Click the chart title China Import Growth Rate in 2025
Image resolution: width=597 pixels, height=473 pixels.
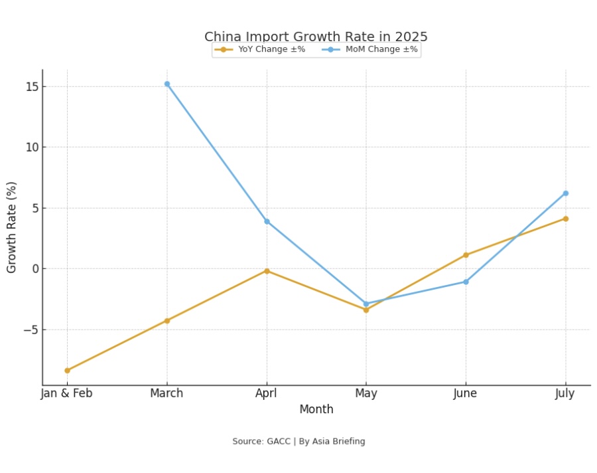(x=316, y=37)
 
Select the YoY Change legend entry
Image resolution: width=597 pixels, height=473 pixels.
(x=259, y=50)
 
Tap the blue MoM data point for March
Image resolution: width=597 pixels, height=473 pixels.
(x=166, y=84)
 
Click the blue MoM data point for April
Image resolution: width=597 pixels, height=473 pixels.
(x=267, y=221)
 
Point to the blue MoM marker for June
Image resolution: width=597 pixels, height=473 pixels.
(x=466, y=282)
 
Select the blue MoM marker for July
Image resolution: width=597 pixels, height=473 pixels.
(x=565, y=193)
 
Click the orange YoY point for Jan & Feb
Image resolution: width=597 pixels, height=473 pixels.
(x=67, y=371)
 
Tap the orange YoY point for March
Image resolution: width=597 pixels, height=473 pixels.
(x=166, y=321)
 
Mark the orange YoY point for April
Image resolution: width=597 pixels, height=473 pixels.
(x=267, y=271)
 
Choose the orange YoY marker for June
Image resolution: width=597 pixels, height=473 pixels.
(x=466, y=255)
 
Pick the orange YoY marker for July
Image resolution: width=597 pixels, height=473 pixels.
(x=565, y=219)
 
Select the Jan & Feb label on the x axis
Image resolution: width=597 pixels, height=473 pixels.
(x=67, y=393)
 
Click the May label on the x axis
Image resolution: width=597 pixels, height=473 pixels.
(x=365, y=393)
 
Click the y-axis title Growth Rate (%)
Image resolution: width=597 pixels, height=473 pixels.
(x=12, y=227)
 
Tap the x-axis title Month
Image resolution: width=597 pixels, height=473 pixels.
(x=316, y=410)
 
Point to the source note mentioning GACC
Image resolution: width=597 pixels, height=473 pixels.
(x=298, y=442)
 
